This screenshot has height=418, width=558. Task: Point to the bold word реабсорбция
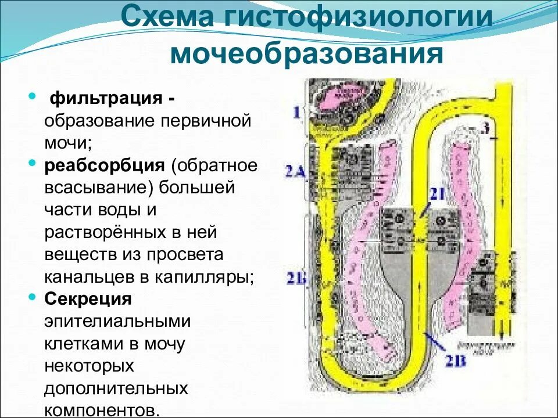[105, 165]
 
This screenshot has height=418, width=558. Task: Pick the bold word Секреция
[88, 300]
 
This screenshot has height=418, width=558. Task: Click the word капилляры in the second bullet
[204, 277]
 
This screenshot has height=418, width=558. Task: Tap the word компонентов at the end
[102, 410]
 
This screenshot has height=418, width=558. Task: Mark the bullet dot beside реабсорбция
[33, 164]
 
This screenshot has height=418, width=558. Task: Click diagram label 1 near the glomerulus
[296, 112]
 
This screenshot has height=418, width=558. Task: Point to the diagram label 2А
[295, 170]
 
